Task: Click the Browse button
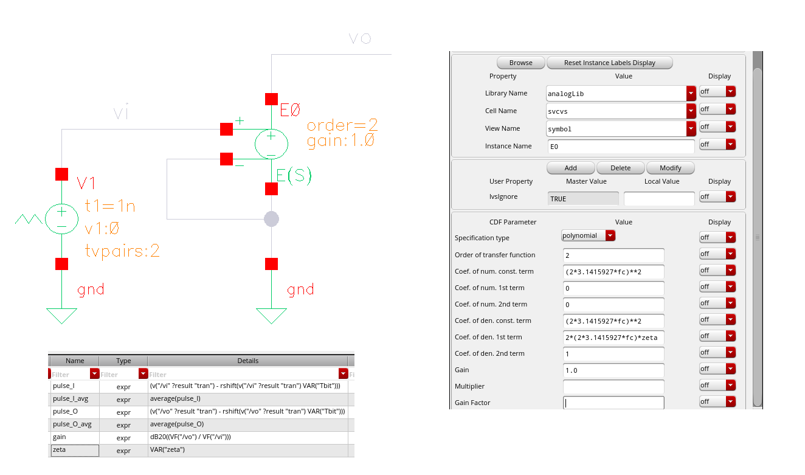pyautogui.click(x=520, y=63)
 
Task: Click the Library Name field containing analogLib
pyautogui.click(x=616, y=94)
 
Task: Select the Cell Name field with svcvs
pyautogui.click(x=616, y=111)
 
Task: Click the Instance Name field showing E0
pyautogui.click(x=621, y=147)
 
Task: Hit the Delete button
pyautogui.click(x=620, y=168)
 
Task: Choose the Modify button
pyautogui.click(x=670, y=168)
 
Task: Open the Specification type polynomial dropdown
pyautogui.click(x=589, y=235)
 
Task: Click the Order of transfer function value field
pyautogui.click(x=613, y=255)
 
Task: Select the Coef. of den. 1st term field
pyautogui.click(x=613, y=338)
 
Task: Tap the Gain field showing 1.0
pyautogui.click(x=613, y=370)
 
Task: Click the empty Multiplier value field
pyautogui.click(x=613, y=387)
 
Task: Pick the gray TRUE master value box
pyautogui.click(x=583, y=198)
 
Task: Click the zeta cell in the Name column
pyautogui.click(x=75, y=450)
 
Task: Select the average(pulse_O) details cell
pyautogui.click(x=248, y=425)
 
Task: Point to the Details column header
pyautogui.click(x=247, y=361)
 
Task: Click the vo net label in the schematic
pyautogui.click(x=360, y=38)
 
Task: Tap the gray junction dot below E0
pyautogui.click(x=271, y=219)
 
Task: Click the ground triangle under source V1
pyautogui.click(x=62, y=315)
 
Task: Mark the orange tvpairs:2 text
pyautogui.click(x=122, y=251)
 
